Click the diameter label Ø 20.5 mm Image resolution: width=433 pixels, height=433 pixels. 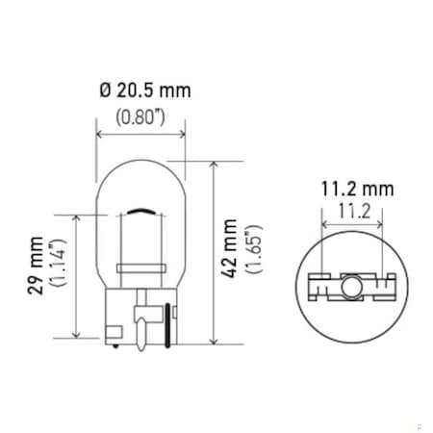(x=143, y=90)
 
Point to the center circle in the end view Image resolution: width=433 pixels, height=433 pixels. (x=347, y=286)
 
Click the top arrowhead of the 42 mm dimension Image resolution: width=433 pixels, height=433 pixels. (x=212, y=165)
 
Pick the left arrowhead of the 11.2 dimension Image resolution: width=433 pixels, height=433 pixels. (x=325, y=223)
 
